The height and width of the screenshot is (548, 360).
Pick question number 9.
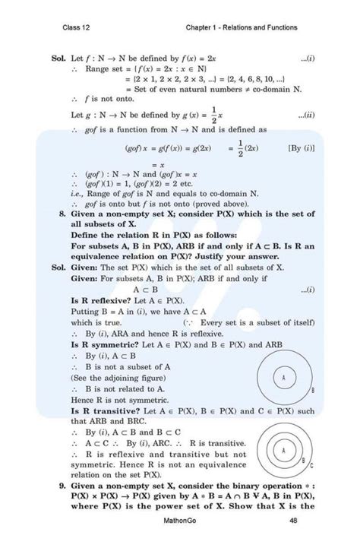click(x=61, y=483)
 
